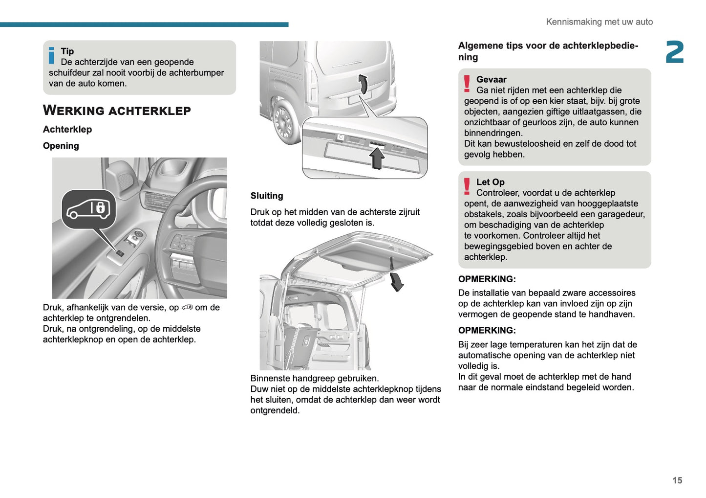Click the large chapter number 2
coord(674,52)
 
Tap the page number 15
coord(677,480)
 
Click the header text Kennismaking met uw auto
coord(599,22)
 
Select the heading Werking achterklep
coord(117,111)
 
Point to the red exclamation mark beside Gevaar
coord(467,84)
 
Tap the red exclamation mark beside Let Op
coord(467,186)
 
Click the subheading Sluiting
coord(266,196)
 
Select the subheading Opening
coord(61,146)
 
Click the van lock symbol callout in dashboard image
coord(88,209)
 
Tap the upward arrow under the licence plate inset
coord(377,158)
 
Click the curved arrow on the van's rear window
coord(363,84)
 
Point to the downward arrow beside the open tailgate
coord(397,282)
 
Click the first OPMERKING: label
coord(487,279)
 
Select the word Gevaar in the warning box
coord(491,79)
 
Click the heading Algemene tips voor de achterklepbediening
coord(548,51)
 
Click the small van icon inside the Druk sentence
coord(187,308)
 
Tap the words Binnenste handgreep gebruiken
coord(314,378)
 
